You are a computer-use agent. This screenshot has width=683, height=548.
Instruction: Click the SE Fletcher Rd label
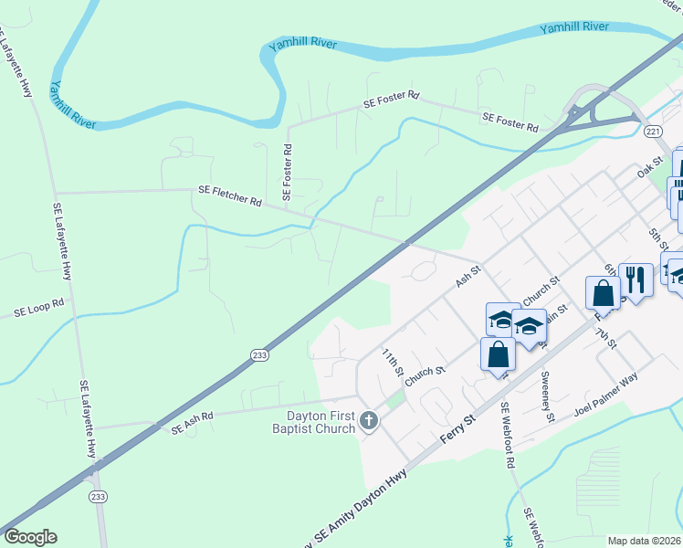(x=230, y=195)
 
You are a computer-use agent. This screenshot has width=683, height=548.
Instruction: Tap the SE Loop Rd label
(x=39, y=307)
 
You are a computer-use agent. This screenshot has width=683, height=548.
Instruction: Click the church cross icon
(x=368, y=420)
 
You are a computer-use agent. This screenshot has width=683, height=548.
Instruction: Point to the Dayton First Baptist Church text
(x=315, y=421)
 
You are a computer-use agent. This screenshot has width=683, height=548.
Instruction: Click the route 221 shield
(x=652, y=132)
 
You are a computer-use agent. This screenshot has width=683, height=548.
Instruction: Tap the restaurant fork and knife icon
(x=636, y=278)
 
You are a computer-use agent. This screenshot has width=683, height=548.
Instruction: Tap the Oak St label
(x=648, y=169)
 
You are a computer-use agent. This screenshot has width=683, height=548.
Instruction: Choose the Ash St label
(x=468, y=273)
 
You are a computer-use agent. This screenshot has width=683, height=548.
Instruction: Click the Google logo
(x=30, y=537)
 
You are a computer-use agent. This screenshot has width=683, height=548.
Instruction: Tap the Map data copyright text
(x=645, y=541)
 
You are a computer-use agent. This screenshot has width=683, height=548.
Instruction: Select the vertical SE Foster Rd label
(x=287, y=172)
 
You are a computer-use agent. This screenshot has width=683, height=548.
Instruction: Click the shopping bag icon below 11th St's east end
(x=498, y=354)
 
